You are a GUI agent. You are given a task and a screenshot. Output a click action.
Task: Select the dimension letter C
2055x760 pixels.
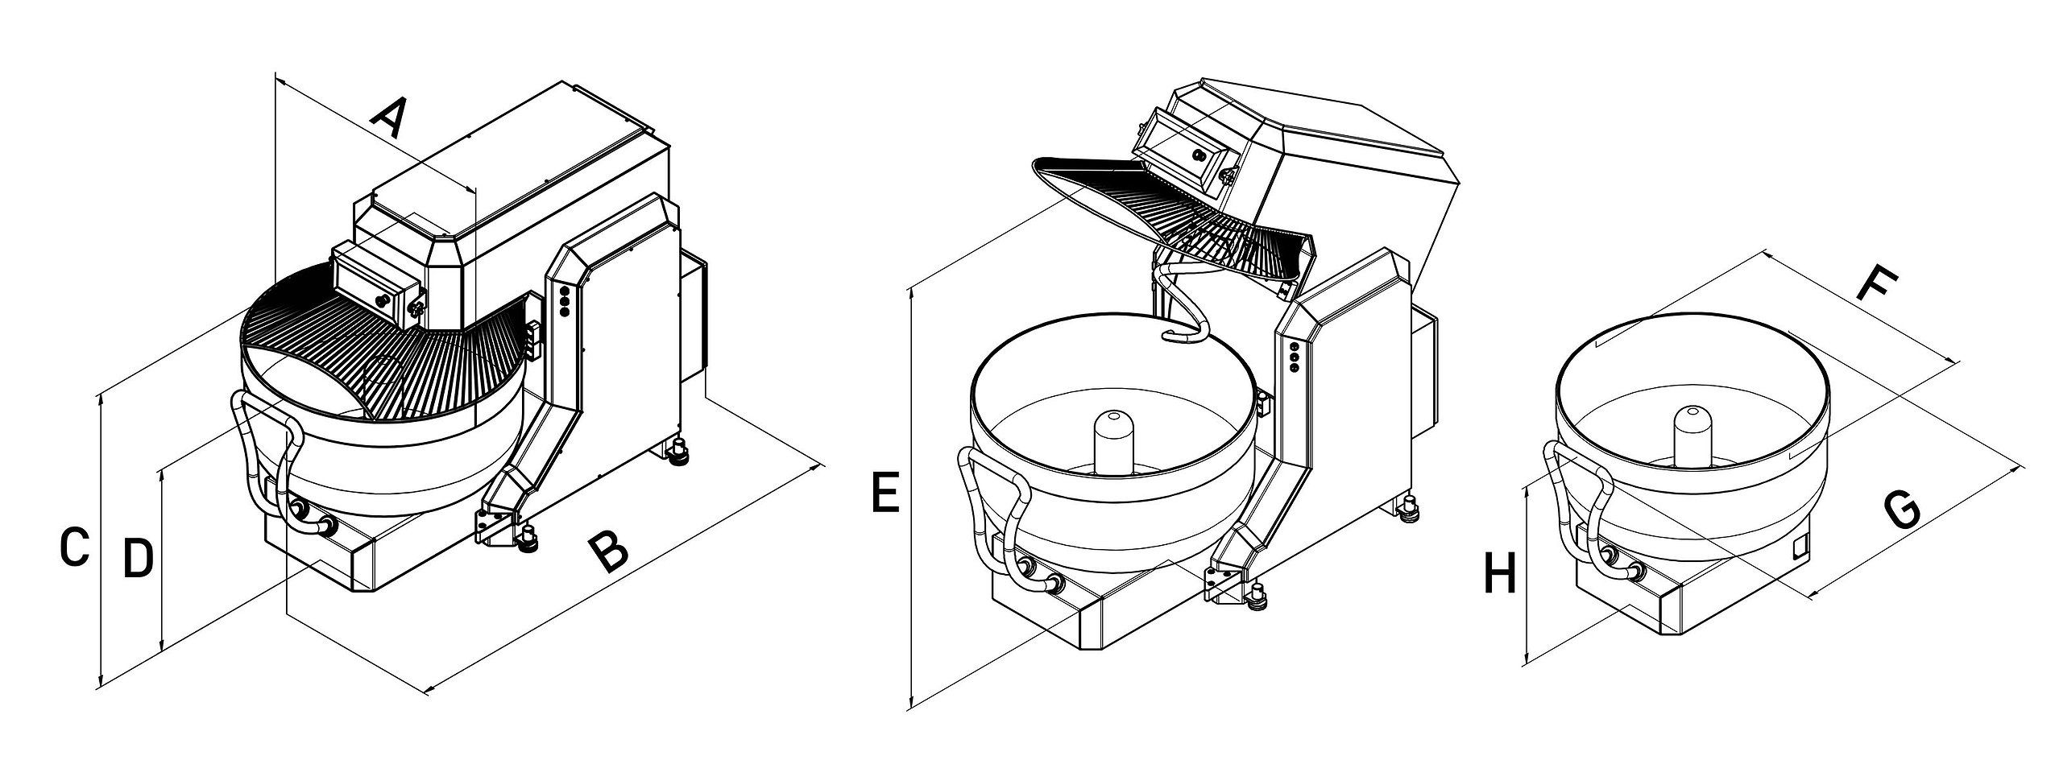point(73,547)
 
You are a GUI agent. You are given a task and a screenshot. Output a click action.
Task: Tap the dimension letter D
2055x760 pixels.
point(139,557)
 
